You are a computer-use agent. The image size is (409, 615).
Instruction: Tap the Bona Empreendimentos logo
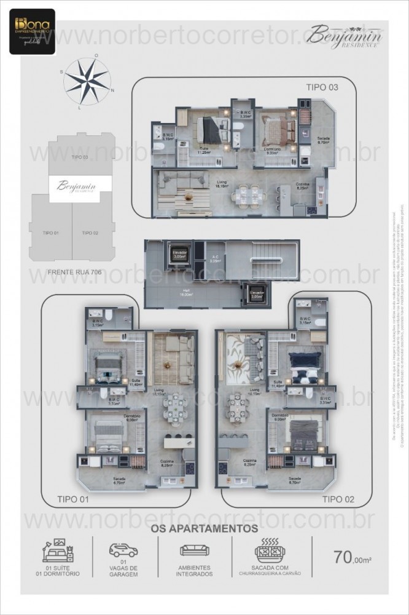pos(31,31)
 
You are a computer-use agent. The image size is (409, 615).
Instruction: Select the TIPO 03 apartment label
pos(322,88)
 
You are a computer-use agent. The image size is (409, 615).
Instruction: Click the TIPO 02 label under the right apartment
pos(338,499)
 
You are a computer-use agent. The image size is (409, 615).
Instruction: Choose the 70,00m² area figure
pos(354,558)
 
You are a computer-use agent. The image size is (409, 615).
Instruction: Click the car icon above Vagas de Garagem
pos(123,550)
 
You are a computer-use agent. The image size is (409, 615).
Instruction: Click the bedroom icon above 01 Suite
pos(57,547)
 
